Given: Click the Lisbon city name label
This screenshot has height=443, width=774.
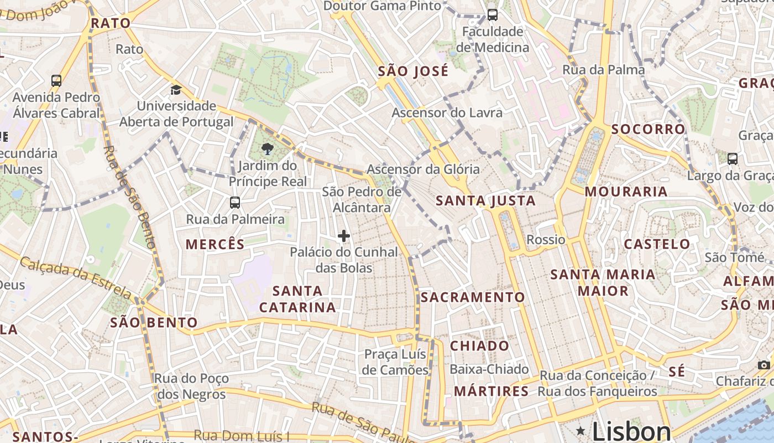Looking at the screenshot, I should pos(631,431).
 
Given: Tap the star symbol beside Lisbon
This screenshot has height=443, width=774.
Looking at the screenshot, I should pos(580,431).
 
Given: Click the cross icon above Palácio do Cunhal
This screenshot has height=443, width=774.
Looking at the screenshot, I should pos(344,236).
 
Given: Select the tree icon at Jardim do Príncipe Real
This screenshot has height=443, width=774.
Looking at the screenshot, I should pos(268,149).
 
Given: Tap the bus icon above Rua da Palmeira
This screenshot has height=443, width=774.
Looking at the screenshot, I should pos(235,203).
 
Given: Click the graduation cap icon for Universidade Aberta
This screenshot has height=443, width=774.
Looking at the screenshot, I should pos(176,90).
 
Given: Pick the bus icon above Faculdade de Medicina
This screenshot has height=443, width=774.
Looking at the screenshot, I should pos(492,15).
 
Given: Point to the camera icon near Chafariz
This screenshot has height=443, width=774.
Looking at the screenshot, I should pos(763,365).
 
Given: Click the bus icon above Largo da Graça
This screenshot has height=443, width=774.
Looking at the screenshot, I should pos(732,159).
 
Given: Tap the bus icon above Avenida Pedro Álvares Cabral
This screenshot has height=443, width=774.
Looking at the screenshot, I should pos(56,81).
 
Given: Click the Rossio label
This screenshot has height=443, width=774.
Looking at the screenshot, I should pos(546,240).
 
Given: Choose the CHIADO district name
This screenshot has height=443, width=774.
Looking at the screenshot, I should pos(479,346).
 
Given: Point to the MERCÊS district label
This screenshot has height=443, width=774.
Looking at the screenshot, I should pos(215,244).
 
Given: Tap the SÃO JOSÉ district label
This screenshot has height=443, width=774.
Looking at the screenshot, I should pos(413,71).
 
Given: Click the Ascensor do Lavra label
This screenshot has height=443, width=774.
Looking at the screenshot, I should pos(447,113).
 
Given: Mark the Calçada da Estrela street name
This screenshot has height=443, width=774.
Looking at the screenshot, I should pos(76,277).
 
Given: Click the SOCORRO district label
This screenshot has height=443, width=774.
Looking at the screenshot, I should pos(648,130).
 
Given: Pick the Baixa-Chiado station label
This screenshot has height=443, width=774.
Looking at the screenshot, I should pos(489,369).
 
